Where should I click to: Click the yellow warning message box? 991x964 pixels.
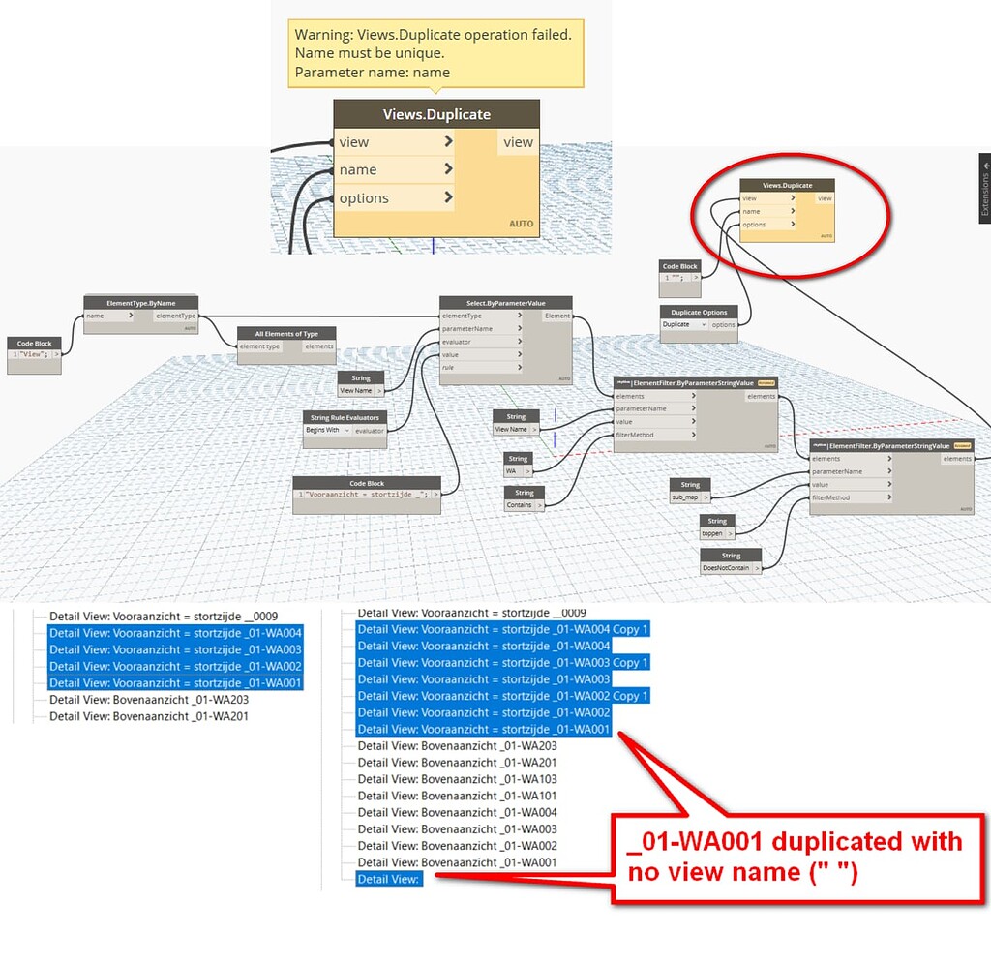click(435, 53)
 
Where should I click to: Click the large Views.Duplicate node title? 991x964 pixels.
click(435, 114)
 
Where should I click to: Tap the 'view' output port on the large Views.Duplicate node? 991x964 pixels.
click(518, 142)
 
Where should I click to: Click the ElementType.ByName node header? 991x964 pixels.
click(140, 302)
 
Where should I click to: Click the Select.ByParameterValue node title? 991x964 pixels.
click(505, 302)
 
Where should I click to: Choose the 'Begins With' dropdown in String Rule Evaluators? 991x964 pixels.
click(325, 430)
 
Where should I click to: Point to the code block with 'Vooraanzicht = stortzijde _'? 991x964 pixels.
click(362, 494)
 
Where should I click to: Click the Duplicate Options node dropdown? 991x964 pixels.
click(682, 325)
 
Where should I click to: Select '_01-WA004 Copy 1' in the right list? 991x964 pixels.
click(502, 629)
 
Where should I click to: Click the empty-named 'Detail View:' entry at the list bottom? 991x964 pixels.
click(388, 879)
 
